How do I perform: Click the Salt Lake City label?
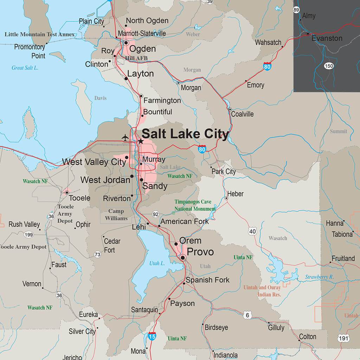point(185,134)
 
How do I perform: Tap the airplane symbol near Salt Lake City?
point(125,137)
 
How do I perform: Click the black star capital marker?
point(141,141)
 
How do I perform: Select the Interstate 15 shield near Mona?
point(152,335)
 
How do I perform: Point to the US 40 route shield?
point(252,231)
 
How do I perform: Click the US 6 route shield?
point(247,315)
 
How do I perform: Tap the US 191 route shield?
point(344,338)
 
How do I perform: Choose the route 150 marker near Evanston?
point(329,66)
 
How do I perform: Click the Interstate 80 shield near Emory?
point(267,66)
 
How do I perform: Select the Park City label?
point(224,172)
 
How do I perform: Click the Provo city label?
point(200,252)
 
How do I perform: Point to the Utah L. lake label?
point(157,263)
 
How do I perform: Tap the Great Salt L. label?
point(25,68)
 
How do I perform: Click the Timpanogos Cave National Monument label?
point(195,205)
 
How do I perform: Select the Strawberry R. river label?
point(319,277)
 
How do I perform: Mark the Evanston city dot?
point(308,34)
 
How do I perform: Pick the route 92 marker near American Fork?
point(155,214)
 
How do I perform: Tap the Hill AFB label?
point(137,58)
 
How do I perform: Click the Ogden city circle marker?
point(126,43)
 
